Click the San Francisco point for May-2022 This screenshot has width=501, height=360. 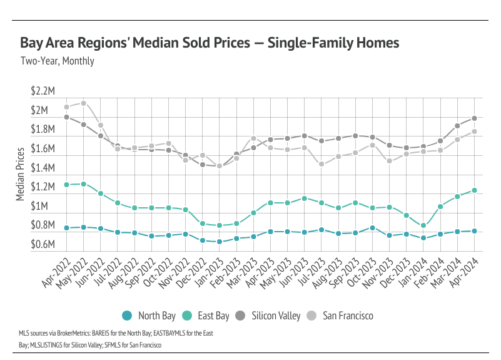(84, 103)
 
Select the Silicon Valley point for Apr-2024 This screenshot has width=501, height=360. (475, 118)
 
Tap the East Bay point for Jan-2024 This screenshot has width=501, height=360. (423, 225)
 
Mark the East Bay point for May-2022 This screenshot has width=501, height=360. (84, 184)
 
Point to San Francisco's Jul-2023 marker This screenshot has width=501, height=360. (321, 164)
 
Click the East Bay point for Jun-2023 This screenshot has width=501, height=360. (305, 198)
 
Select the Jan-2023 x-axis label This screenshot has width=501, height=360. (210, 273)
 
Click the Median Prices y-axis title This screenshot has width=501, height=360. (20, 173)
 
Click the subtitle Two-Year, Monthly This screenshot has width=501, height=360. (57, 61)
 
